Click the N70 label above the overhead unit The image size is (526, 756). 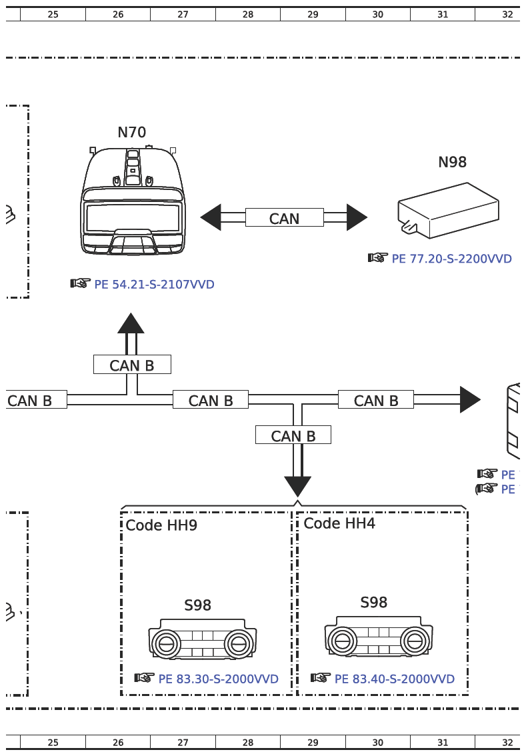click(131, 133)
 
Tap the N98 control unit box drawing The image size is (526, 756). click(448, 210)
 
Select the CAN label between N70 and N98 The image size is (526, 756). click(284, 218)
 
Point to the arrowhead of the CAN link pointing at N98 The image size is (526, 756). click(357, 217)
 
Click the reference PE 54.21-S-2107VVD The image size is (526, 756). click(154, 285)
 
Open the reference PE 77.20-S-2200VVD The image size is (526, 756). click(451, 259)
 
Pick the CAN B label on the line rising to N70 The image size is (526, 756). click(132, 365)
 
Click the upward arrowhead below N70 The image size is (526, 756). click(131, 323)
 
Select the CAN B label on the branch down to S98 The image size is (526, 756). click(293, 435)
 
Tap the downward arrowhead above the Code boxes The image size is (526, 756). click(297, 486)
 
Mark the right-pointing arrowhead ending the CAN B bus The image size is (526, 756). click(469, 399)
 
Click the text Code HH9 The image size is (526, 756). click(161, 525)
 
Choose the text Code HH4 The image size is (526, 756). click(339, 523)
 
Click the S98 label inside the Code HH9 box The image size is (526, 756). click(197, 605)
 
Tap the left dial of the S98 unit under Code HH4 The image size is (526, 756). click(343, 641)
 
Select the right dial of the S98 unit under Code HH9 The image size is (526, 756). click(237, 644)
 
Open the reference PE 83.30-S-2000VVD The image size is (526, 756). click(218, 679)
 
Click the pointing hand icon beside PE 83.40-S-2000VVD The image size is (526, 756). click(321, 678)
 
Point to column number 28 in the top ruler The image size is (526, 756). click(248, 14)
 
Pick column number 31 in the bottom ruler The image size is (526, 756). click(443, 742)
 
